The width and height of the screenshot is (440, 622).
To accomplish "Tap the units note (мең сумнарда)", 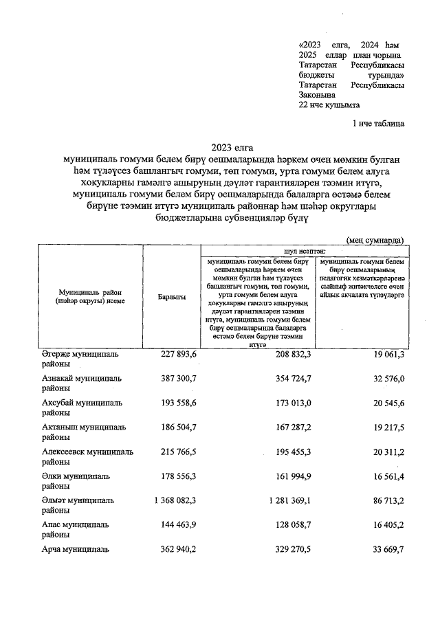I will coord(375,240).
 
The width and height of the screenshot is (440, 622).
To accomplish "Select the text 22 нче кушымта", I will coord(329,105).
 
